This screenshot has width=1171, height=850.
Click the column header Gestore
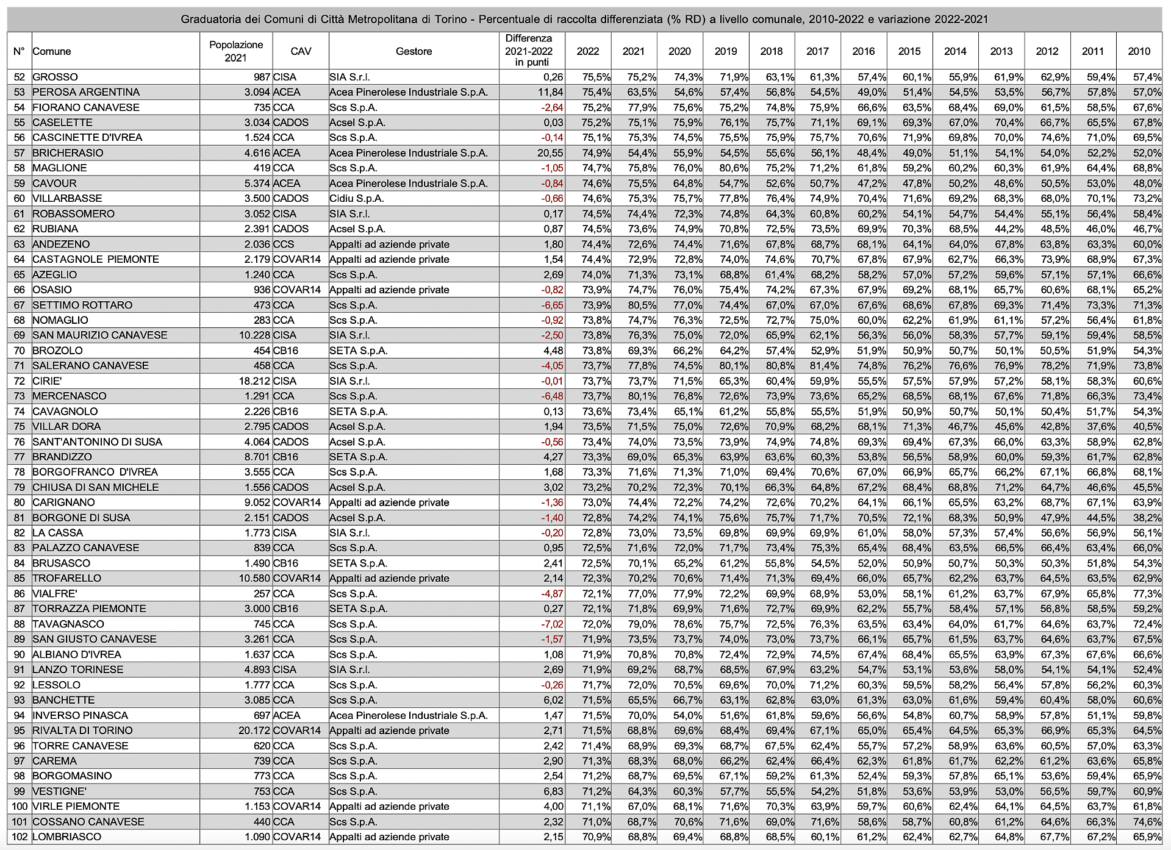click(414, 51)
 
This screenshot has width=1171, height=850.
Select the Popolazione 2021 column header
click(236, 51)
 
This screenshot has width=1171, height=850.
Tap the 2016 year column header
click(863, 51)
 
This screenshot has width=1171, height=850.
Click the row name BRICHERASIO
click(68, 153)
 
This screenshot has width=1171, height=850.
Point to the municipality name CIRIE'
click(47, 381)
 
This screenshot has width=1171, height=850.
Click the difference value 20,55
click(551, 153)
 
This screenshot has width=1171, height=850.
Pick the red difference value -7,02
click(552, 624)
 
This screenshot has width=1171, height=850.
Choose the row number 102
click(20, 837)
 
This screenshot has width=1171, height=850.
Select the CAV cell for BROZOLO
click(285, 351)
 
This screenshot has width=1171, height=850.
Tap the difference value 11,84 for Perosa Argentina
click(551, 92)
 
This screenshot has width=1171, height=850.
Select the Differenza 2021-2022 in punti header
click(528, 51)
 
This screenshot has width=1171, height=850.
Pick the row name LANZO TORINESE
click(78, 670)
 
